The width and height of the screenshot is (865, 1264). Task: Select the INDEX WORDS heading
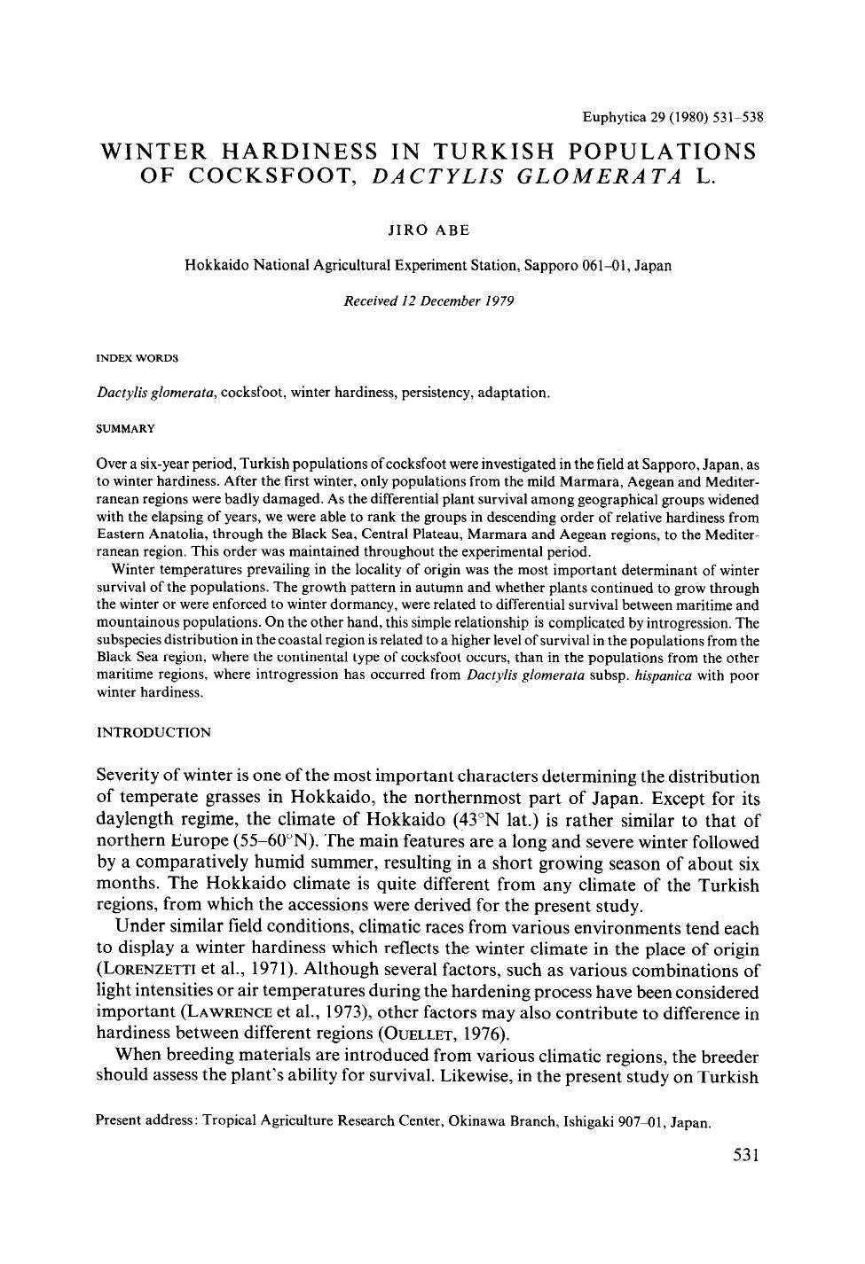click(x=137, y=358)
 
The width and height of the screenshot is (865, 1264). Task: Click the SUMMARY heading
click(x=125, y=428)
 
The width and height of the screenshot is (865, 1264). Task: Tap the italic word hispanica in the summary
click(x=634, y=675)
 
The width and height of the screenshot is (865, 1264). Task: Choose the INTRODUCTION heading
click(x=153, y=732)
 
